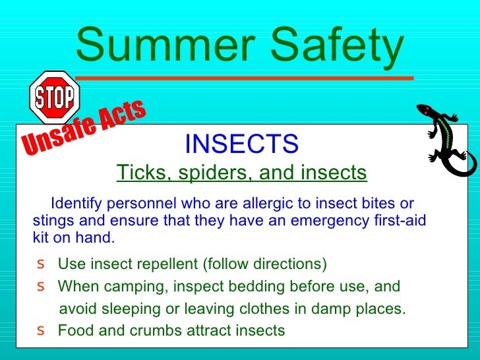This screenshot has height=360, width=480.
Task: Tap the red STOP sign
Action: pos(55,98)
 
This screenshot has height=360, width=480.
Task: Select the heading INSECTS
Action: pos(241,142)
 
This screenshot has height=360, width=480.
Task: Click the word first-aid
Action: pos(399,221)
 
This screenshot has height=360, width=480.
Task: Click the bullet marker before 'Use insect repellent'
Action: pos(42,264)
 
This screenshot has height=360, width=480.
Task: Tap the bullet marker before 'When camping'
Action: pos(42,287)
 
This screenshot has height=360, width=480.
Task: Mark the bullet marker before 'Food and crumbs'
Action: pos(42,330)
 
